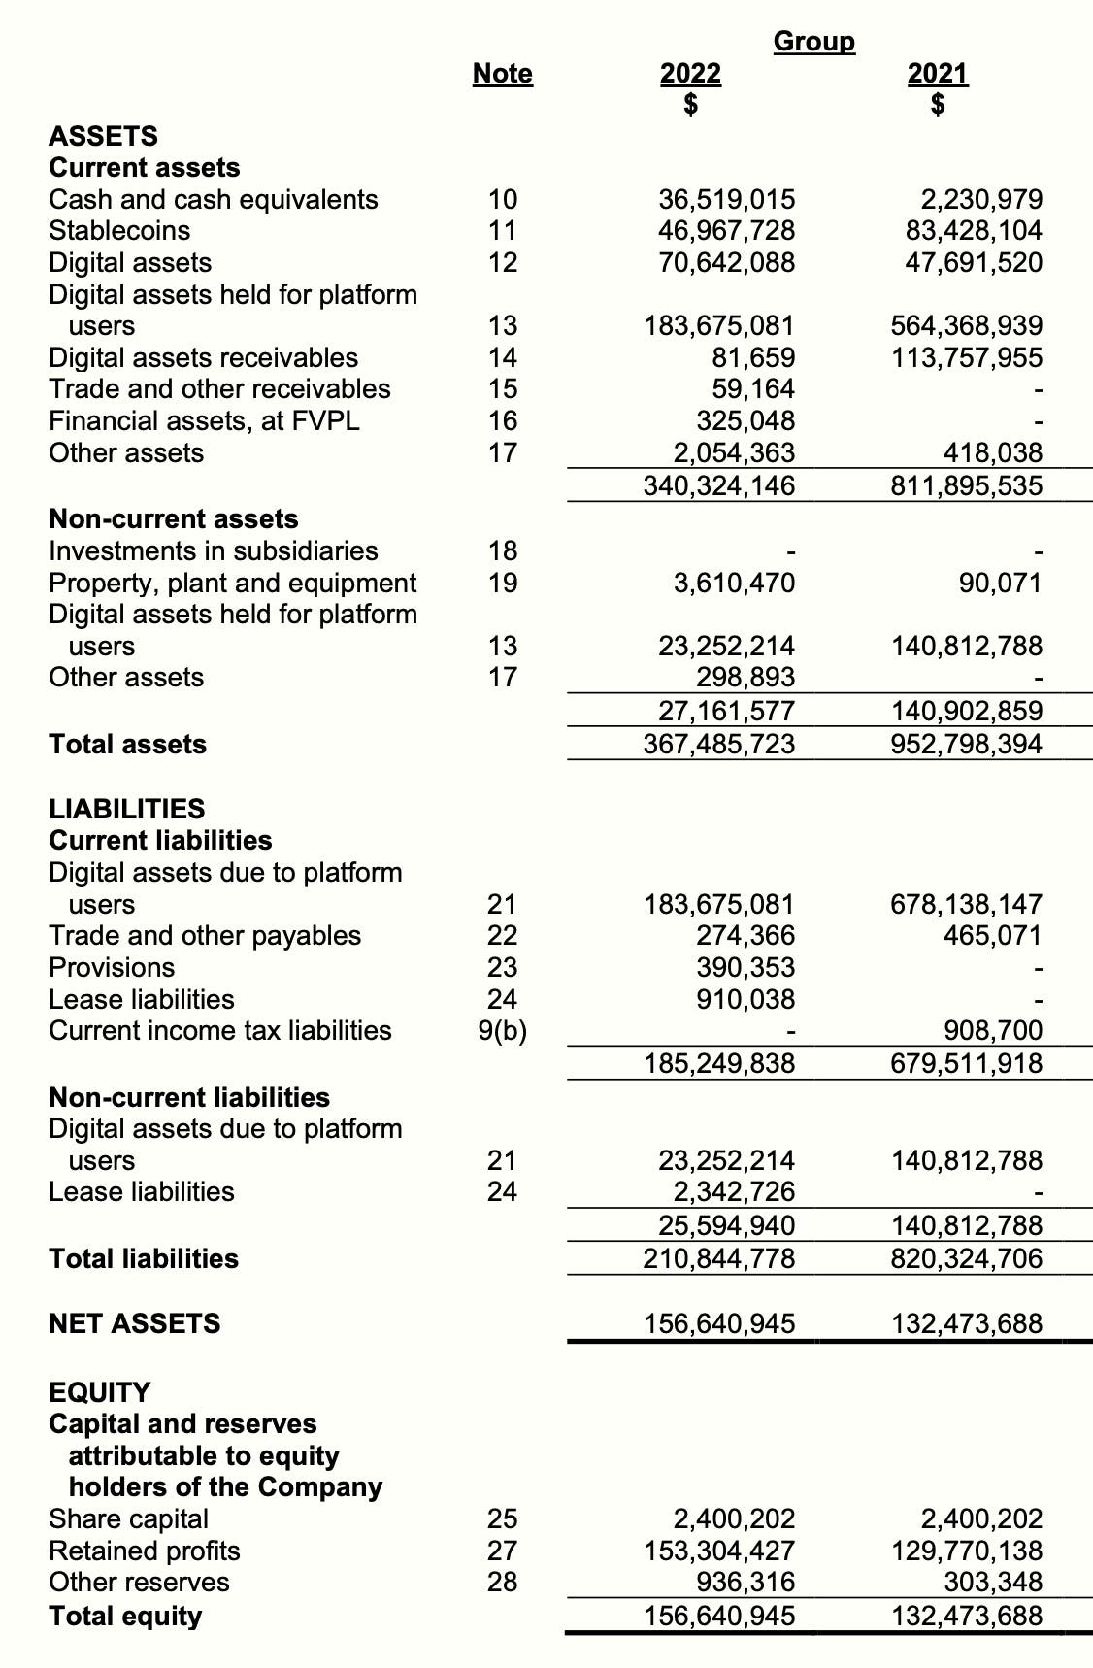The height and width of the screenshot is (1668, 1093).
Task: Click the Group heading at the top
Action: click(x=813, y=42)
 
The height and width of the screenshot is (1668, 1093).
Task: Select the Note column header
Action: click(x=502, y=74)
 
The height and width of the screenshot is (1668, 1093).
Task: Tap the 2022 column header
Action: click(x=690, y=74)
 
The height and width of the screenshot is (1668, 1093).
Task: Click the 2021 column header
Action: click(x=937, y=74)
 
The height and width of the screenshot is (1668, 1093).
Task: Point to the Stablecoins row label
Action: click(x=119, y=231)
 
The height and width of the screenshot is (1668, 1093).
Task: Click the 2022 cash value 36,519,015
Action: click(x=726, y=200)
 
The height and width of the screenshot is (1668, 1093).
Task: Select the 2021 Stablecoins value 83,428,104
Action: click(x=967, y=231)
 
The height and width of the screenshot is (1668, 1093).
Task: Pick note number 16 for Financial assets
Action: click(x=502, y=421)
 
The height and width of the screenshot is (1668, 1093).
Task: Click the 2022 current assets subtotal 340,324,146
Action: click(x=719, y=485)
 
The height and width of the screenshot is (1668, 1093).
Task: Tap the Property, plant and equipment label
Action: click(x=232, y=584)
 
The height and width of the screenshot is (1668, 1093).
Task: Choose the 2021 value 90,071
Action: click(x=1000, y=584)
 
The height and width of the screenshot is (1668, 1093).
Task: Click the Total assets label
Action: click(x=127, y=745)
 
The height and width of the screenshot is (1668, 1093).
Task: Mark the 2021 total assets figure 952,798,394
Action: click(x=967, y=745)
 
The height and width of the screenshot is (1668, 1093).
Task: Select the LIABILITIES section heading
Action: click(x=127, y=809)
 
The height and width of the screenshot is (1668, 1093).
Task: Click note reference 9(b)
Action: click(x=502, y=1031)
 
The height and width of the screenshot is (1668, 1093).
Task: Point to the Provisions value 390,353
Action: click(x=745, y=968)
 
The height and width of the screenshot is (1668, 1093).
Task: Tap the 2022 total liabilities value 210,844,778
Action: click(x=719, y=1259)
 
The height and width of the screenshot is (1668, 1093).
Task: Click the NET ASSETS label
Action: click(x=134, y=1323)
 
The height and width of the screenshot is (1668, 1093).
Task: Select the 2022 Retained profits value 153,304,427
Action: click(x=719, y=1551)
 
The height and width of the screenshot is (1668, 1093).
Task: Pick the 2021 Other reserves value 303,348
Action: click(x=993, y=1583)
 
